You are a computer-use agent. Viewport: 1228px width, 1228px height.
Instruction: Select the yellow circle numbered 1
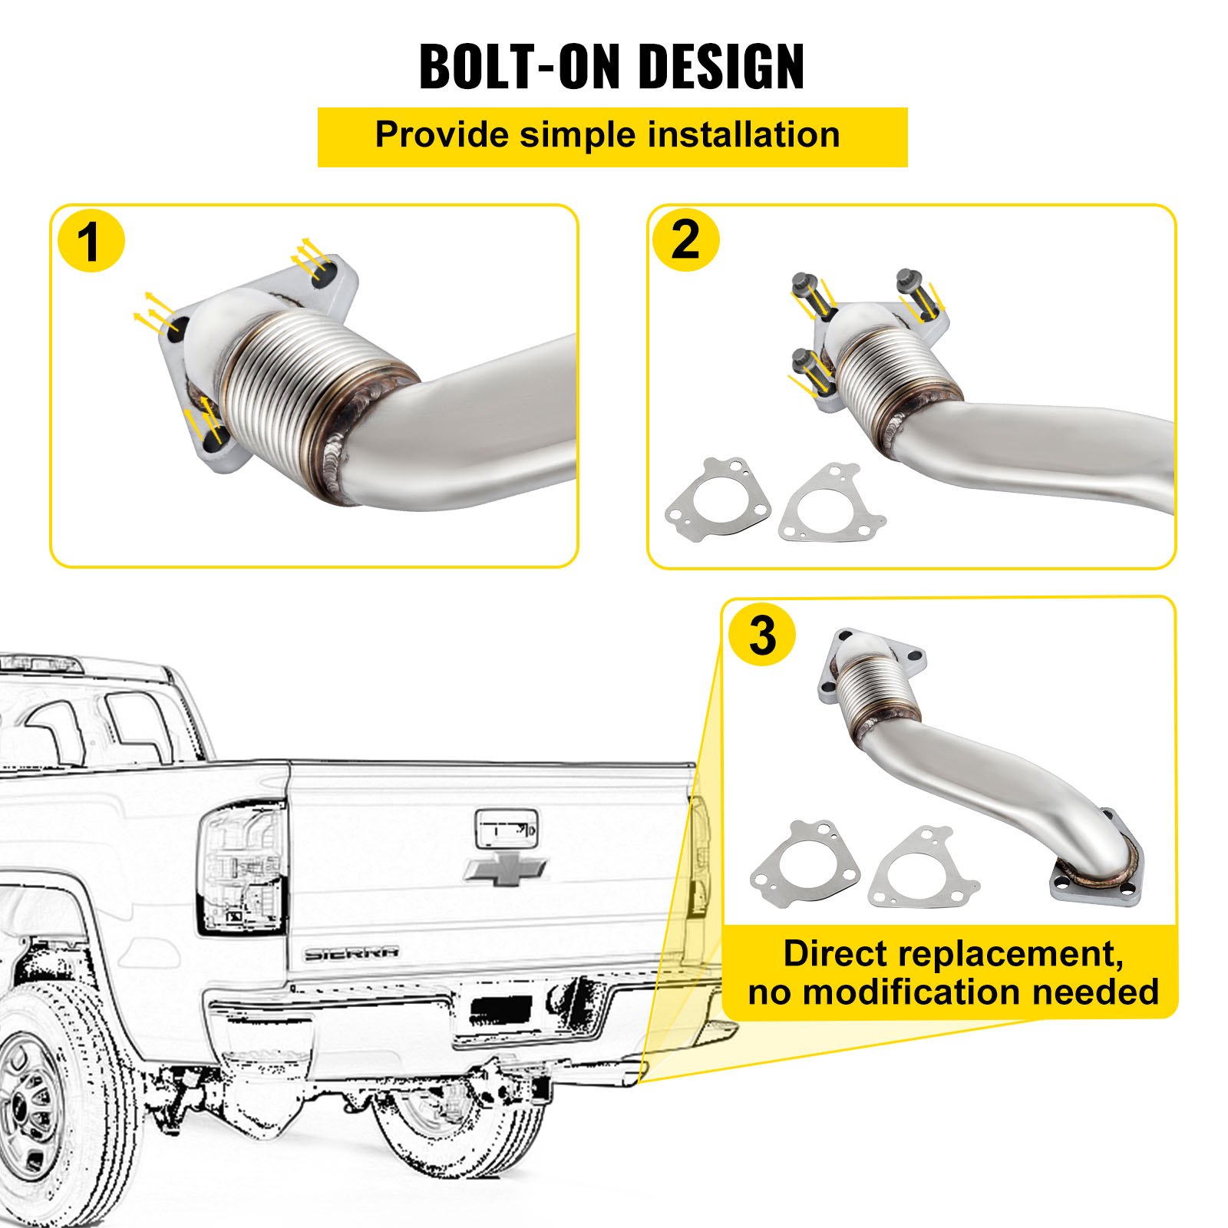pyautogui.click(x=91, y=242)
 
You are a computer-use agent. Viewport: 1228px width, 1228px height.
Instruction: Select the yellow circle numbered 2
pyautogui.click(x=685, y=239)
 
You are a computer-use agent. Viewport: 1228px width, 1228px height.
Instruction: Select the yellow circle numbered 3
pyautogui.click(x=762, y=635)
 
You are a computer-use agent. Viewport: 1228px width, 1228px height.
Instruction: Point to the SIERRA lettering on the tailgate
pyautogui.click(x=352, y=953)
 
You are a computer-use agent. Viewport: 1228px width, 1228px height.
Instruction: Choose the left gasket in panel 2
pyautogui.click(x=717, y=499)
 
